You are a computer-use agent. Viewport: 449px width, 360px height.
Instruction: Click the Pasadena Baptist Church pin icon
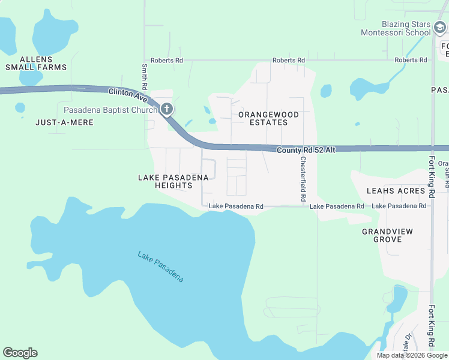coord(167,109)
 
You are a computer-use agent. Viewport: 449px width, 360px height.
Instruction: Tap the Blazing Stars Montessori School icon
coord(440,27)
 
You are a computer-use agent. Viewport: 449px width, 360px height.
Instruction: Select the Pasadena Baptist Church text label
coord(111,110)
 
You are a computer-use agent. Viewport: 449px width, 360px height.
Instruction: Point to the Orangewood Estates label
coord(262,118)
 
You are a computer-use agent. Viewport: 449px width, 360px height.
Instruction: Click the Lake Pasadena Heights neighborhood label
coord(173,181)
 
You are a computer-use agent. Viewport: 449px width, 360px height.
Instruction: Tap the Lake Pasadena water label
coord(160,267)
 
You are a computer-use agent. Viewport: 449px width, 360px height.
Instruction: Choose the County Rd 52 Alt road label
coord(306,149)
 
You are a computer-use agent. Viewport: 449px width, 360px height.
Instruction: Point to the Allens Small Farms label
coord(36,63)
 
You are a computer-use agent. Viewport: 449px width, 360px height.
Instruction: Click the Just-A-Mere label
coord(64,122)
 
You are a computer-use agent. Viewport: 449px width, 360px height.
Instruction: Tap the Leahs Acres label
coord(396,191)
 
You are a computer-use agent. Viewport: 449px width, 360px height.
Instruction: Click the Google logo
coord(20,353)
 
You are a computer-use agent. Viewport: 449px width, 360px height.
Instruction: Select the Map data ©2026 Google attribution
coord(411,355)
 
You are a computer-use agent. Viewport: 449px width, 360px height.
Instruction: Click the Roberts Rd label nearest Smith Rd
coord(166,61)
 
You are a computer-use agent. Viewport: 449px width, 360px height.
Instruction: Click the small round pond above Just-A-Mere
coord(20,107)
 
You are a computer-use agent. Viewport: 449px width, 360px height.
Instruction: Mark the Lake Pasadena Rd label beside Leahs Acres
coord(399,206)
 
